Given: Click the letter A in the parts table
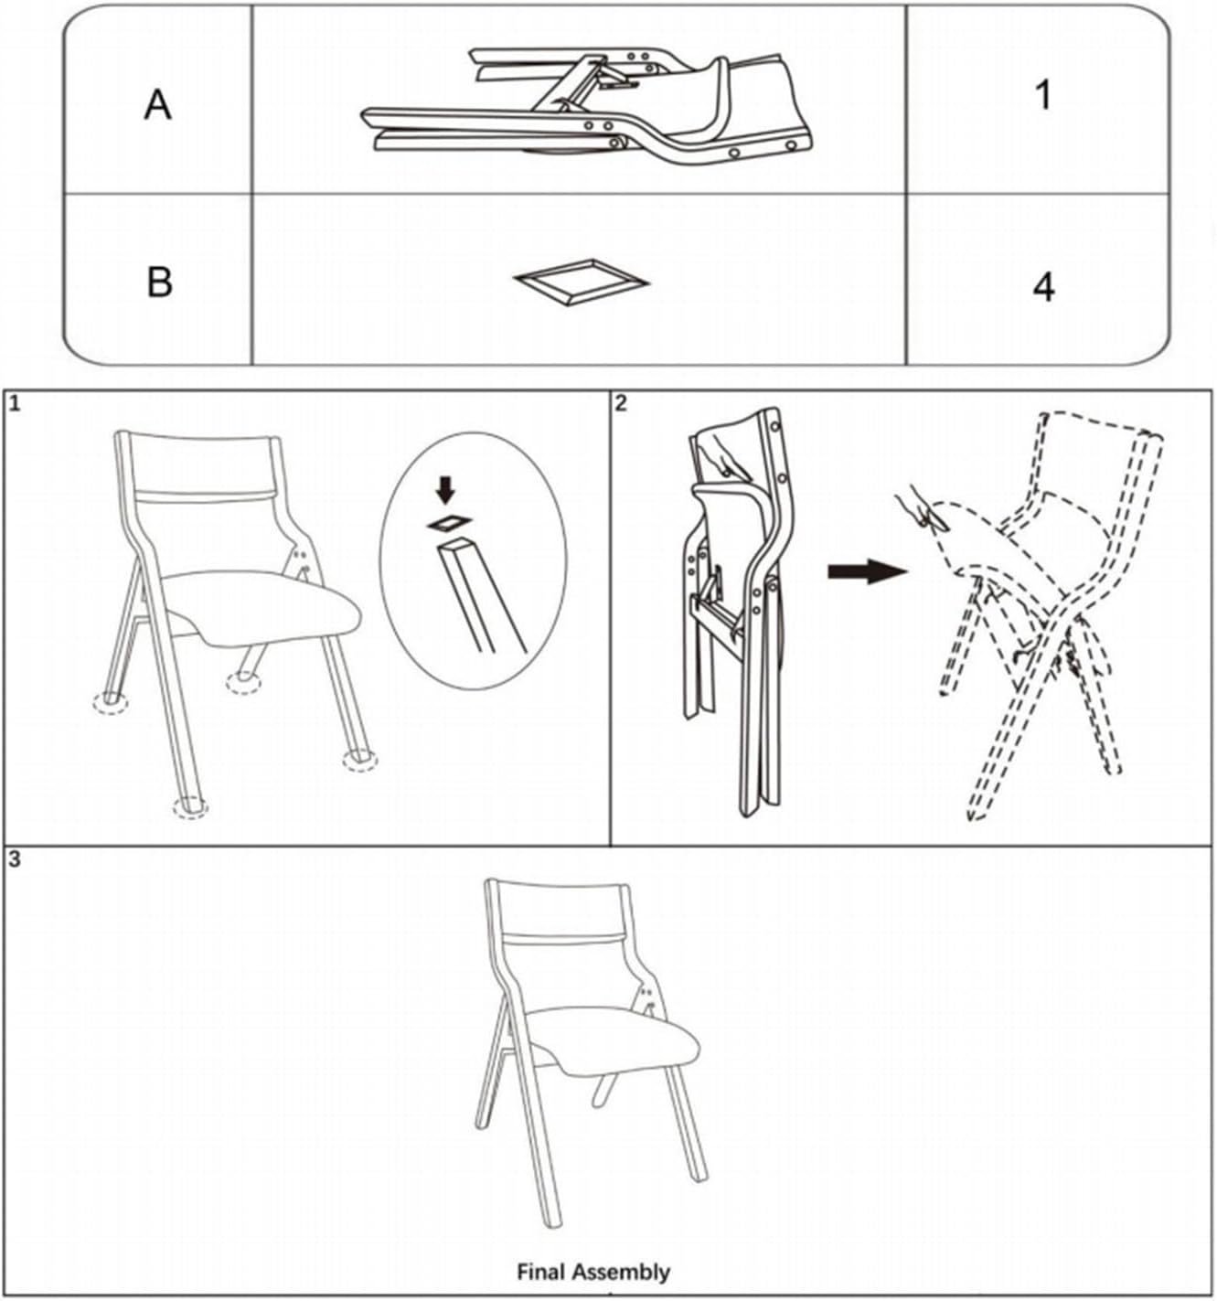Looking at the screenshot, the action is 158,105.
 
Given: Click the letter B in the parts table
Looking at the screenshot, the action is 160,282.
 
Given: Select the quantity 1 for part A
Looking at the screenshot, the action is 1043,96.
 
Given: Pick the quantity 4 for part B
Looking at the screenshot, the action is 1044,287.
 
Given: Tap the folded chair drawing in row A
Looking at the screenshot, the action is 587,105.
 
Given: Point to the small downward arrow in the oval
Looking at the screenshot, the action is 445,490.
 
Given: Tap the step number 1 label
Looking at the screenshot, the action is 15,404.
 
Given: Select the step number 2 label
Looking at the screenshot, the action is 621,403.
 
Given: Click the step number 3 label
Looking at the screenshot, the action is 15,858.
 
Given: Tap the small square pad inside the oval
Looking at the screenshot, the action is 450,522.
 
